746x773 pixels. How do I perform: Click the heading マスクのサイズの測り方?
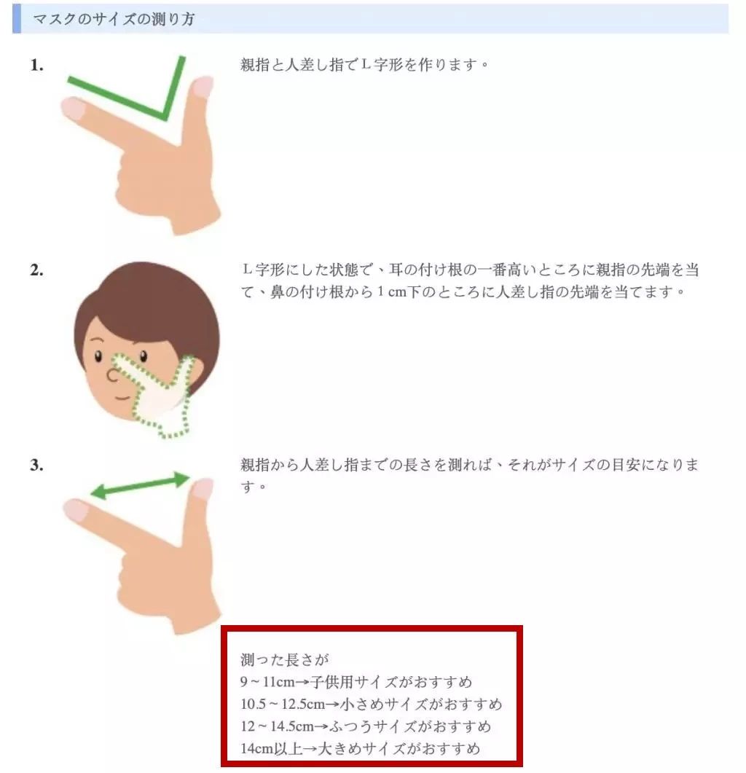coord(114,20)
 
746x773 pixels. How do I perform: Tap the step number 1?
coord(36,66)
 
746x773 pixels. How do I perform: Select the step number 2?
coord(36,270)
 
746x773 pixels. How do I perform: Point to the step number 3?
coord(36,465)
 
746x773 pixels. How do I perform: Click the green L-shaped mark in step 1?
coord(164,109)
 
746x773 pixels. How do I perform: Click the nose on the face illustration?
coord(113,374)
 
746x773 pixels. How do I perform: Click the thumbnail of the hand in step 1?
coord(203,87)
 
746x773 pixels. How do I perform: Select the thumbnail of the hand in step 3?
coord(203,487)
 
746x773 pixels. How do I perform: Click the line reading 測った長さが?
coord(285,661)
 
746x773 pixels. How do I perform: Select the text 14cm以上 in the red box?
coord(267,748)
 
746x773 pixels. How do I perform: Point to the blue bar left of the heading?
coord(17,19)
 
